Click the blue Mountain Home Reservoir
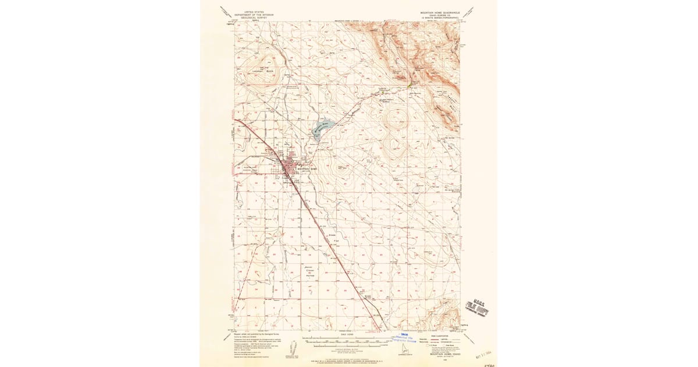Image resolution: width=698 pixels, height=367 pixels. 320,127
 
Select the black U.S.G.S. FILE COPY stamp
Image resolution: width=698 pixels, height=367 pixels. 477,308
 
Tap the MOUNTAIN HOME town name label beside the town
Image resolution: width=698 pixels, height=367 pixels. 306,170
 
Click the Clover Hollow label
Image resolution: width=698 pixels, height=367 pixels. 310,272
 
